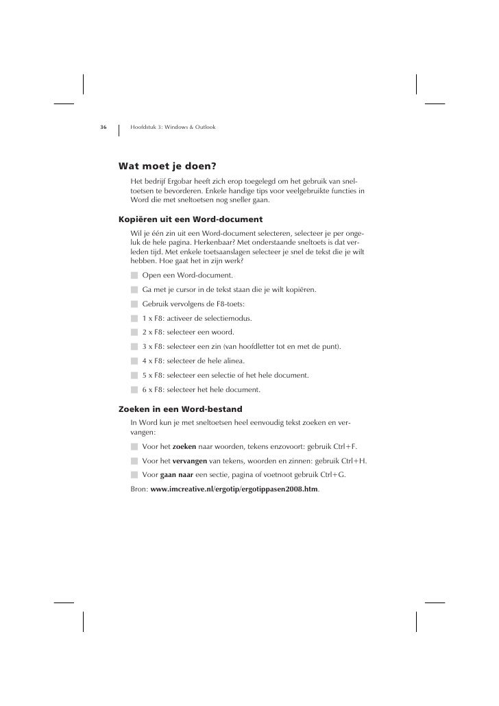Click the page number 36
(x=103, y=127)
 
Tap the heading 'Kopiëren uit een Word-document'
(x=191, y=219)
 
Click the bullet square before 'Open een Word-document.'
(x=135, y=275)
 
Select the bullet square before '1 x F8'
(x=135, y=319)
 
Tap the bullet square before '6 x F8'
(x=135, y=390)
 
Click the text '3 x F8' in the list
(x=154, y=347)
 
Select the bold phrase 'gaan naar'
(x=176, y=475)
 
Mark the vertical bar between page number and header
(x=119, y=129)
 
